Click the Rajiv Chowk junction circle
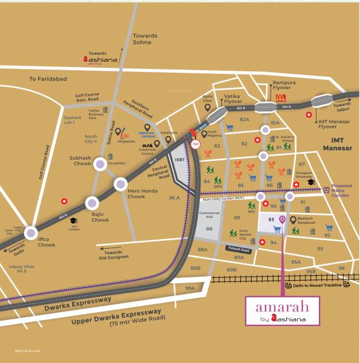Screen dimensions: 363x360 (x=92, y=203)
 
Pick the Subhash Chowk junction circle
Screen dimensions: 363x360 (x=99, y=169)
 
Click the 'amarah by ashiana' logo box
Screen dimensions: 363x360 (x=283, y=311)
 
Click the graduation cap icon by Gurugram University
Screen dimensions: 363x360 (x=310, y=182)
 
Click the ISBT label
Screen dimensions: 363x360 (x=180, y=160)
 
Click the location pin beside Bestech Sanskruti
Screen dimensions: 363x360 (x=293, y=220)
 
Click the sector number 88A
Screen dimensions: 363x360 (x=201, y=249)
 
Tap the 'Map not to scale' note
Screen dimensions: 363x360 (x=27, y=351)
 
